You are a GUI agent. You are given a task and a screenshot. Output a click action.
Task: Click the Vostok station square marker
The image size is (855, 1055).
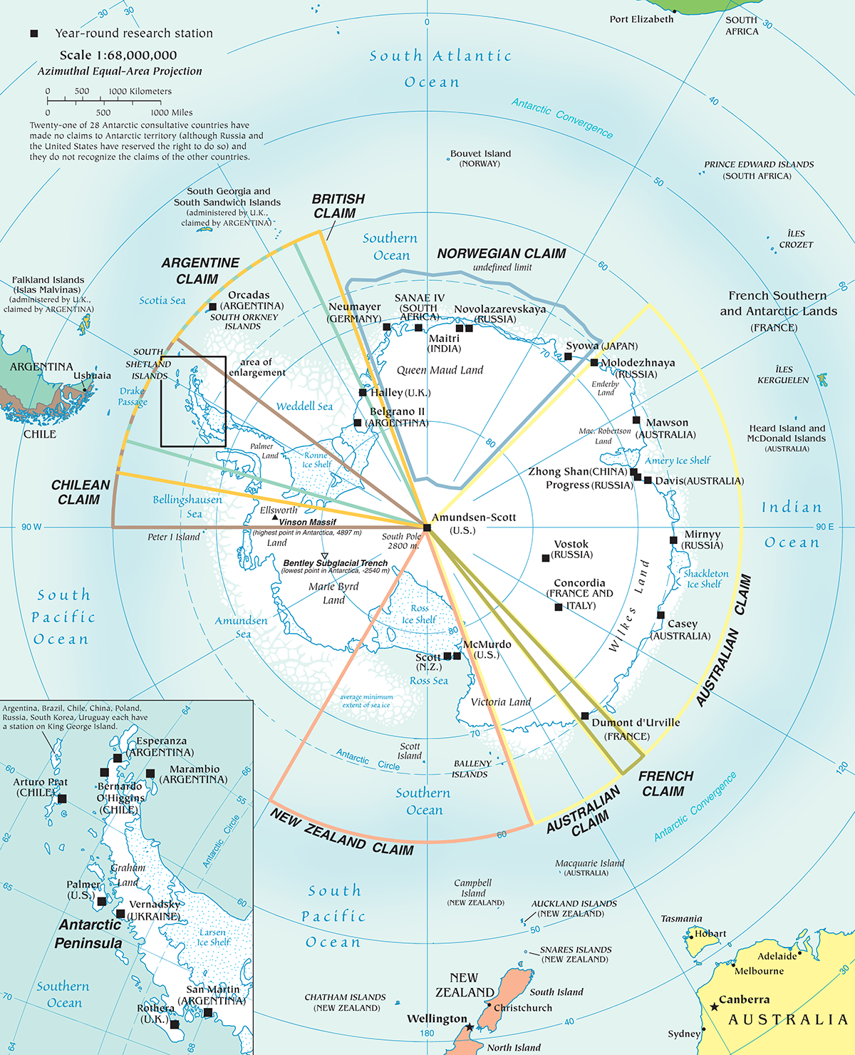pos(546,558)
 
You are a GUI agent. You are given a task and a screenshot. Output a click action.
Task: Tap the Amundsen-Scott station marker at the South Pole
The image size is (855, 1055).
pos(427,527)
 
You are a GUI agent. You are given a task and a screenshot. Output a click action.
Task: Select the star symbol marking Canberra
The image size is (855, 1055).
pos(714,1007)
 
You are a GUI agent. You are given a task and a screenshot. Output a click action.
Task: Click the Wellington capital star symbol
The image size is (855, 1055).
pos(470,1026)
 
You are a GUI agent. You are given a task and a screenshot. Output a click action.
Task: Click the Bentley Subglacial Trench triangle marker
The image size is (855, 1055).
pos(324,556)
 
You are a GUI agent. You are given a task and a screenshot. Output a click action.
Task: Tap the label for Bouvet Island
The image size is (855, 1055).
pos(480,153)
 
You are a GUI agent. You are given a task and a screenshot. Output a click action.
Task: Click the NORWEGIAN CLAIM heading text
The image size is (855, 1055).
pos(502,254)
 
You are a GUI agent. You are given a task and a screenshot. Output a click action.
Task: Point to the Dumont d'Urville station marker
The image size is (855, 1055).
pos(585,716)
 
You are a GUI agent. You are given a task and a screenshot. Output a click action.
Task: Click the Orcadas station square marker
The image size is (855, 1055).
pos(212,307)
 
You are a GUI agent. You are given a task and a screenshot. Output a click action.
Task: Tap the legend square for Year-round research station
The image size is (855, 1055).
pos(33,34)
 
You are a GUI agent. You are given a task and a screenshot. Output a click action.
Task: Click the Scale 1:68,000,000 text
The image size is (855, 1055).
pos(118,55)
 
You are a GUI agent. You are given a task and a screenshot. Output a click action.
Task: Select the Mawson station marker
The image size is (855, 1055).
pos(636,420)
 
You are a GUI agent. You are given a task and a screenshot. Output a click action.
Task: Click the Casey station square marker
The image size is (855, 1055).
pos(660,614)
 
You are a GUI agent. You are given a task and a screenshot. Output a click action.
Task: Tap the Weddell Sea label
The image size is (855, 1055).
pos(304,406)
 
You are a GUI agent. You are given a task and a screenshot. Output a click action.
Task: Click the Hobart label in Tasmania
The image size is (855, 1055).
pos(710,933)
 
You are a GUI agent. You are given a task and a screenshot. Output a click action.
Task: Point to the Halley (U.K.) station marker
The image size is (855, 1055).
pos(363,392)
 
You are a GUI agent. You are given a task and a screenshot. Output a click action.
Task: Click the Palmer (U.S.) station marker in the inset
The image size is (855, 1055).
pos(102,902)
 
